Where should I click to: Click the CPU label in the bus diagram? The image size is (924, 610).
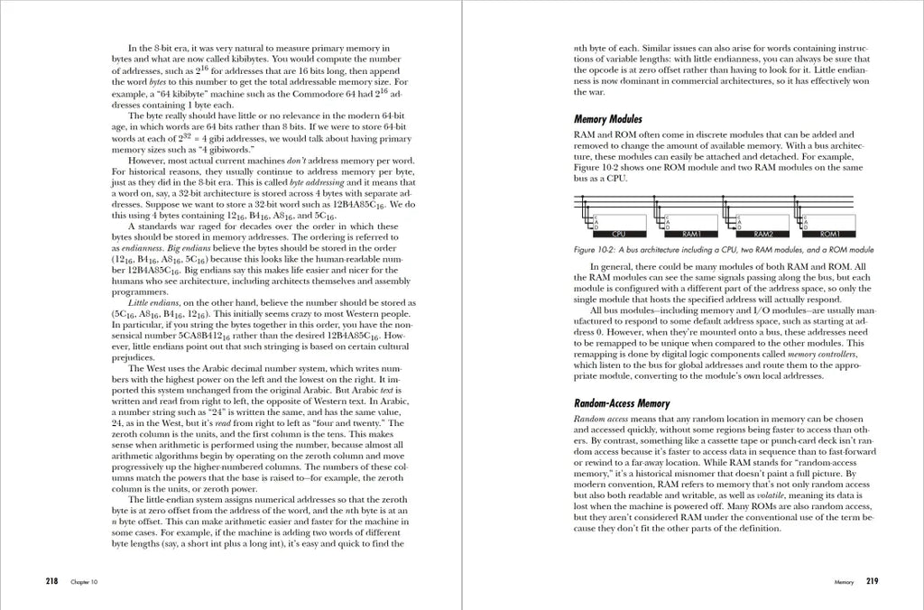[619, 233]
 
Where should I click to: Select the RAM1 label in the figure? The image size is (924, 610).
[693, 233]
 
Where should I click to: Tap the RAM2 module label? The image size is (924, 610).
[764, 233]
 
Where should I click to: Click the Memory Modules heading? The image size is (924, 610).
[607, 118]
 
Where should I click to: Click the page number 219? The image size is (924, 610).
[873, 582]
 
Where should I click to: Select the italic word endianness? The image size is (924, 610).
[145, 247]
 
